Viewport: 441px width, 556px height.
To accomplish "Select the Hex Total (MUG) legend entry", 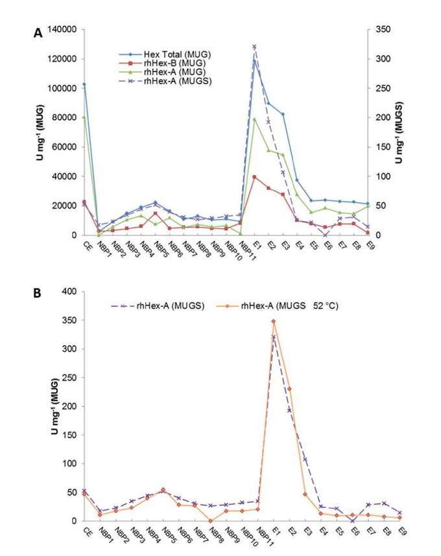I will pos(176,54).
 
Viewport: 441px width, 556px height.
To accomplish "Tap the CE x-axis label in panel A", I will pos(86,243).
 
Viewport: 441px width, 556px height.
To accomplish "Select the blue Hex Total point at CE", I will pos(84,84).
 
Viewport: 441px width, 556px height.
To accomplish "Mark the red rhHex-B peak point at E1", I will pos(254,176).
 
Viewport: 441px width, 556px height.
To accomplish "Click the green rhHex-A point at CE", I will pos(84,117).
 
